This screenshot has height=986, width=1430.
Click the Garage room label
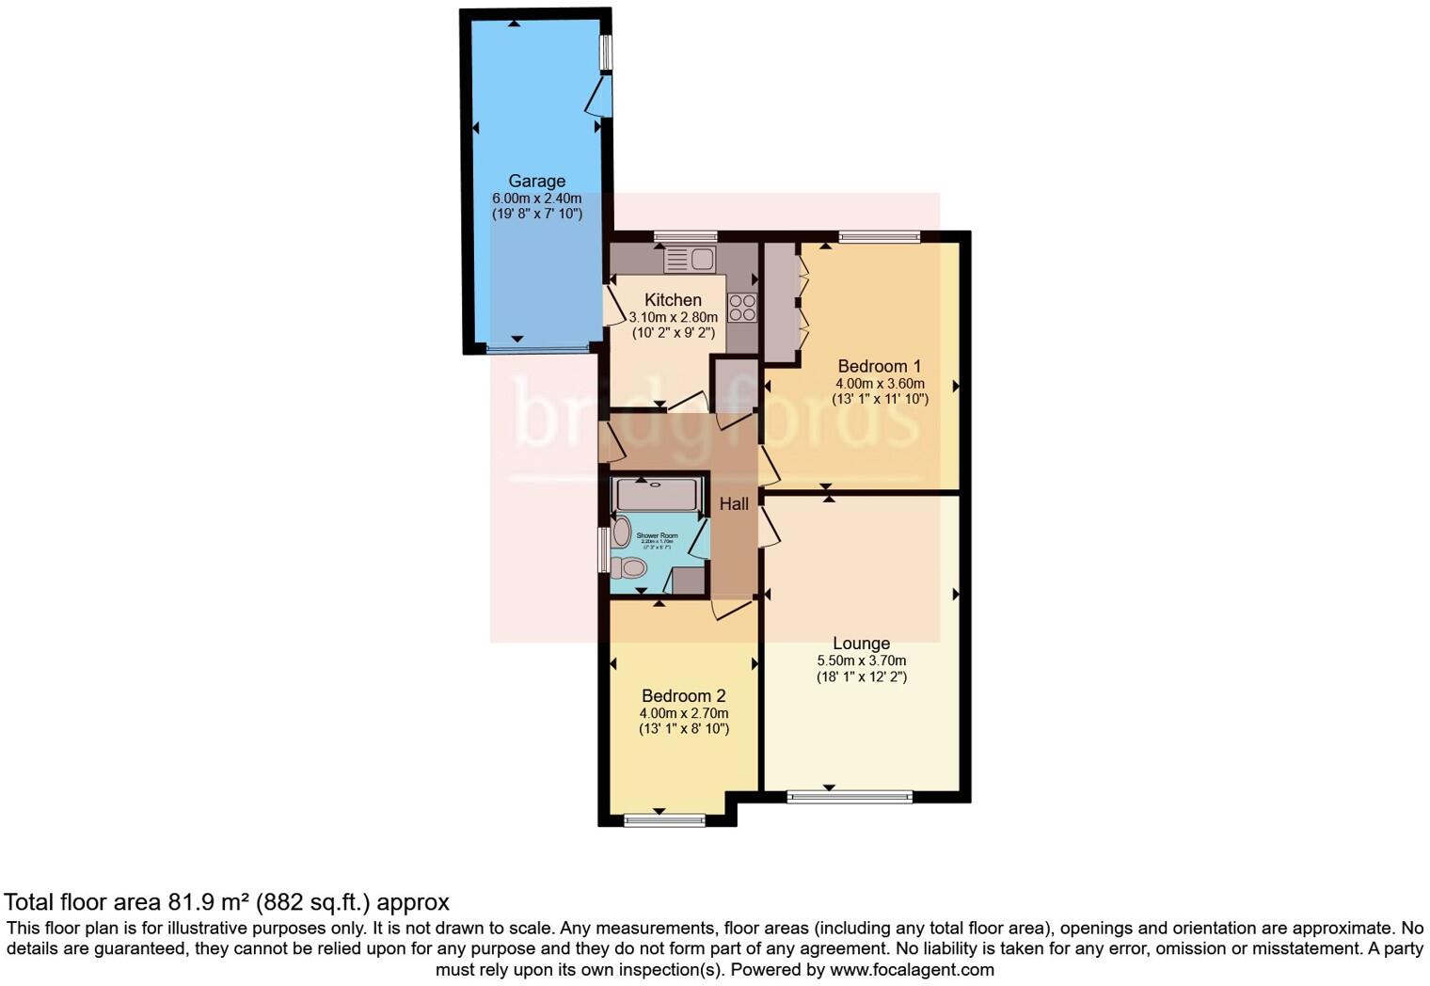tap(536, 181)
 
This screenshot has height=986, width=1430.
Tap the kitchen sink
tap(690, 259)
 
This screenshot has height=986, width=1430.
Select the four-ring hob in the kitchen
tap(741, 308)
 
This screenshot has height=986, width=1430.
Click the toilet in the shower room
tap(628, 567)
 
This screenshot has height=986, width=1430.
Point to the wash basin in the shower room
tap(621, 533)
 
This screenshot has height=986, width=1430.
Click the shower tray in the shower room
tap(657, 494)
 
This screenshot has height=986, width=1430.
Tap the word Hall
tap(734, 504)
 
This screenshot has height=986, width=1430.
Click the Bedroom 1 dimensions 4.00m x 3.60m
tap(880, 384)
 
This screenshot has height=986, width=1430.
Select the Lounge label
tap(861, 644)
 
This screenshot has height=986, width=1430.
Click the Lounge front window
tap(850, 797)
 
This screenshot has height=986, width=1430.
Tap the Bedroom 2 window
tap(664, 820)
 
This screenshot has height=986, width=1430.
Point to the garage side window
tap(606, 53)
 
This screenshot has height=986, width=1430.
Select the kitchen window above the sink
tap(685, 237)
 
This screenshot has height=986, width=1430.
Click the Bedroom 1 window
tap(879, 237)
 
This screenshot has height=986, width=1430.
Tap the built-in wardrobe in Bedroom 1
tap(780, 302)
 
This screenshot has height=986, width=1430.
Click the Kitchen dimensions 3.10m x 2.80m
tap(673, 318)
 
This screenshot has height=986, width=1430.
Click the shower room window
tap(604, 549)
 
